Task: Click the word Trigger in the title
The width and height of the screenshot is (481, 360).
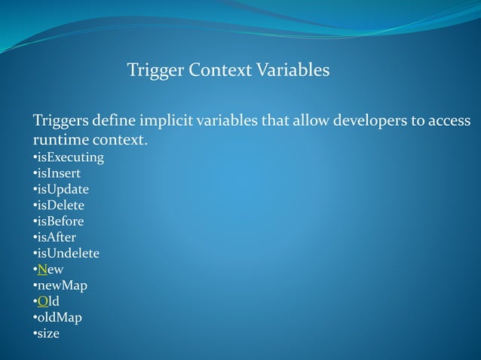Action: pyautogui.click(x=154, y=72)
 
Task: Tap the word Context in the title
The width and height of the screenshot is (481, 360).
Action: pyautogui.click(x=219, y=72)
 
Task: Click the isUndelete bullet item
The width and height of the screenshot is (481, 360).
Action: pyautogui.click(x=68, y=254)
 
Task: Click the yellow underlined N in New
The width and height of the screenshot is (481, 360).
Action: pyautogui.click(x=42, y=270)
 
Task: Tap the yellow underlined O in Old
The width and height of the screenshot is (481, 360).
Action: pyautogui.click(x=42, y=301)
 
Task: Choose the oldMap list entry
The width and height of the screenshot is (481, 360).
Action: pyautogui.click(x=60, y=317)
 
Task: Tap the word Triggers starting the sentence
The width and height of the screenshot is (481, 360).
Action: pyautogui.click(x=61, y=122)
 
